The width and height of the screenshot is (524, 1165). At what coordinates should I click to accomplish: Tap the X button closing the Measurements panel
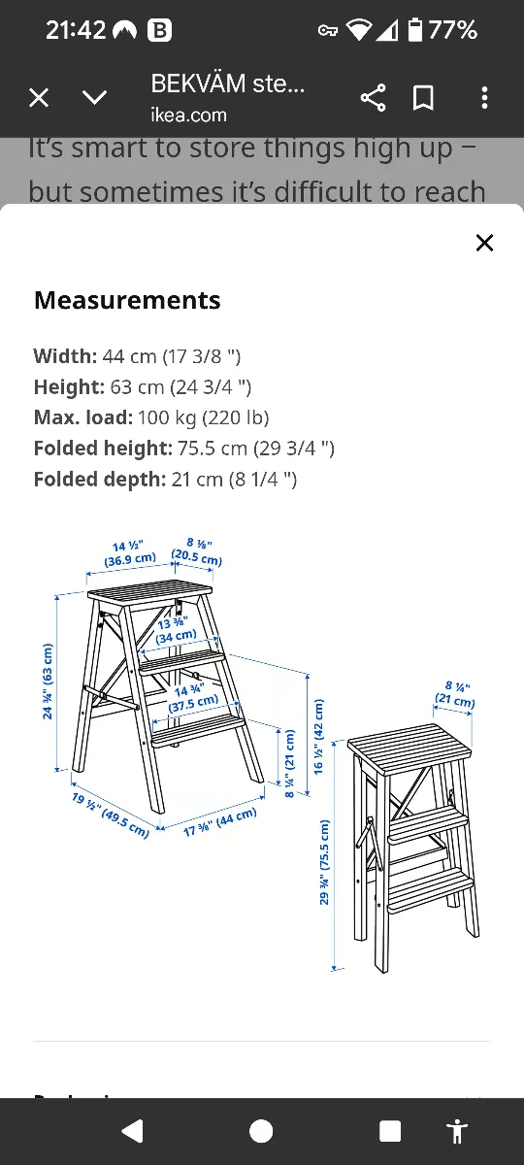[x=484, y=243]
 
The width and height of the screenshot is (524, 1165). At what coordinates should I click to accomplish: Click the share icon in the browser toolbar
[x=373, y=97]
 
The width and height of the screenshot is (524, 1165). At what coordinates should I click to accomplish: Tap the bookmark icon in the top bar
[x=423, y=97]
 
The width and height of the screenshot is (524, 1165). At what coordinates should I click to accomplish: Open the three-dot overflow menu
[x=484, y=97]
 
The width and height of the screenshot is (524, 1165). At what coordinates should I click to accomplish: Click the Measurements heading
[x=127, y=300]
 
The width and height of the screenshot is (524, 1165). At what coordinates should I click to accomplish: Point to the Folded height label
[x=102, y=449]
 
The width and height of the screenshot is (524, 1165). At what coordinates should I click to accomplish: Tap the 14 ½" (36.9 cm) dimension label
[x=131, y=552]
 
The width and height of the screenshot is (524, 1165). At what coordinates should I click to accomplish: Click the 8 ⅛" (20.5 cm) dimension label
[x=197, y=552]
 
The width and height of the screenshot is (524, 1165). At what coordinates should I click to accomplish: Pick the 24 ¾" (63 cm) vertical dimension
[x=49, y=681]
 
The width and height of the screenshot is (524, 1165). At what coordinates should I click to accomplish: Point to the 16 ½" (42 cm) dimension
[x=317, y=736]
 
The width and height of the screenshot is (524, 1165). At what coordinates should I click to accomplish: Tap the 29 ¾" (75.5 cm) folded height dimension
[x=324, y=862]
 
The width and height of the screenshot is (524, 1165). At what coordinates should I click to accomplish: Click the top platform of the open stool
[x=150, y=592]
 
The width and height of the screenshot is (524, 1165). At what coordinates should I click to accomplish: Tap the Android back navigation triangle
[x=132, y=1131]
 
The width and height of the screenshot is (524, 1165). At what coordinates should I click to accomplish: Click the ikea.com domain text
[x=188, y=115]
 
